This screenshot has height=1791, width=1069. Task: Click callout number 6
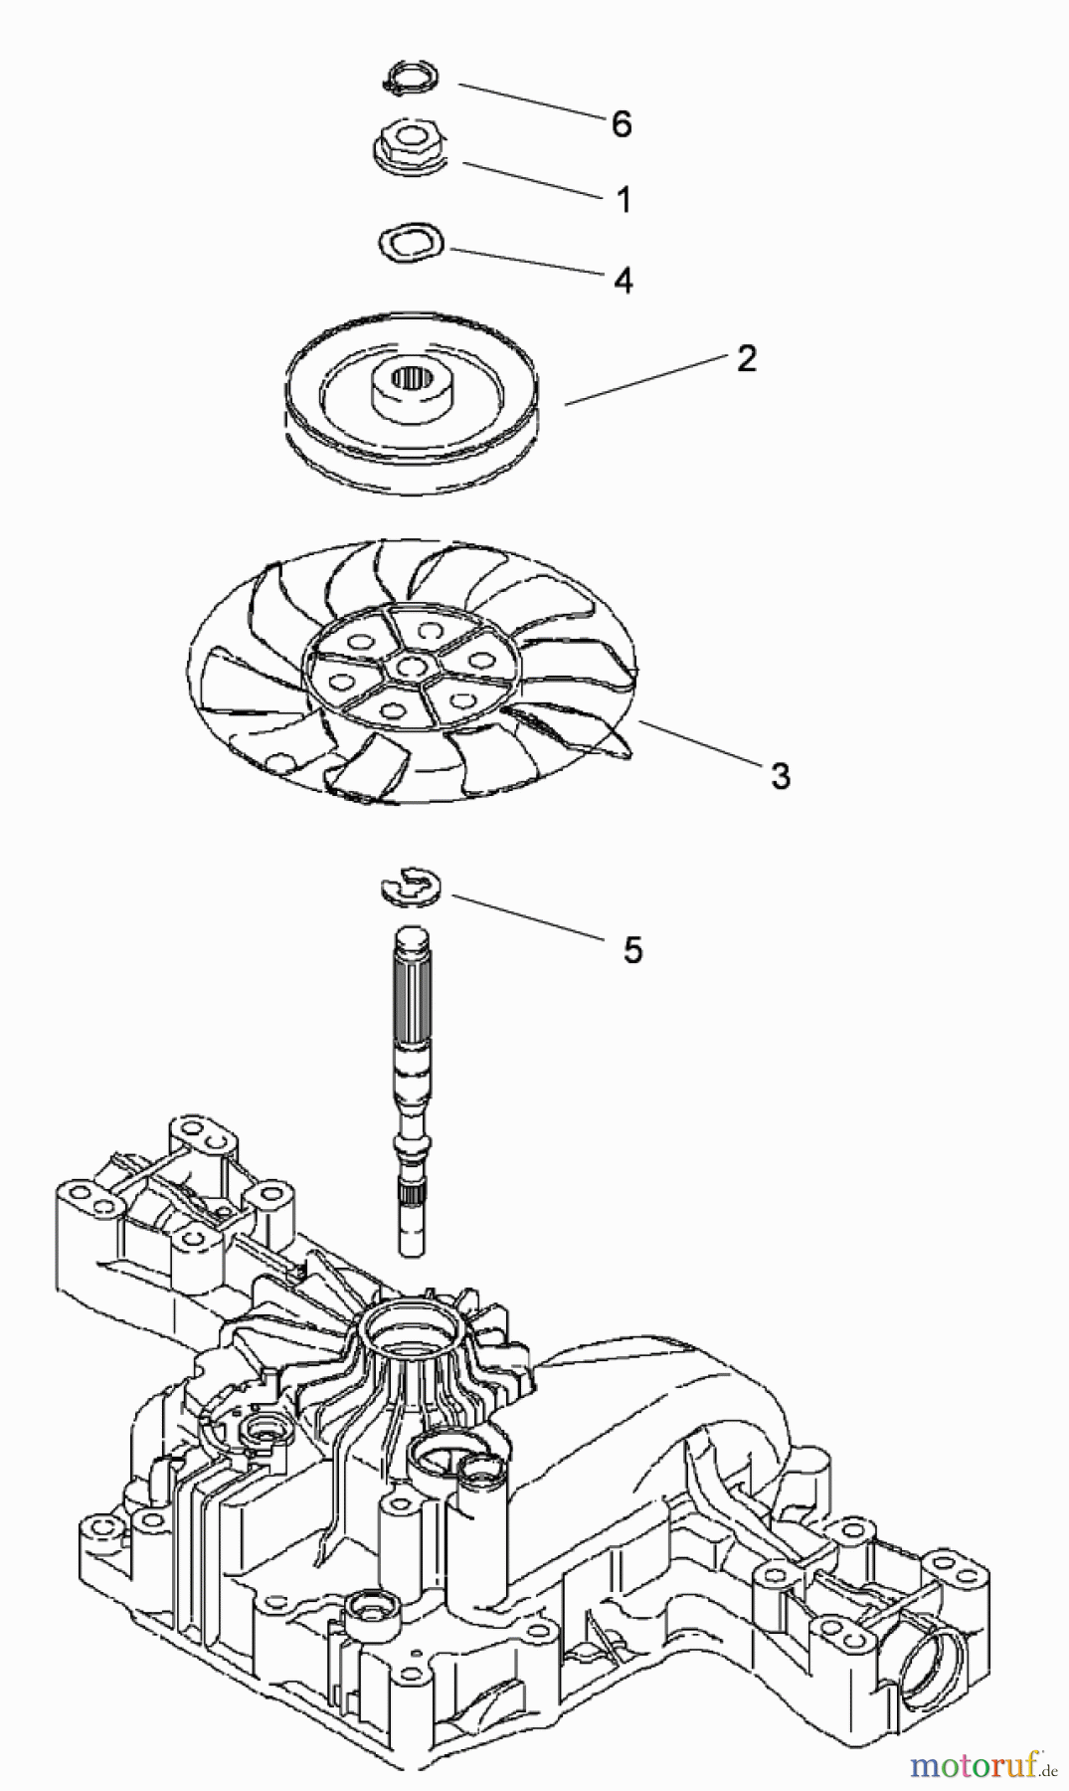click(622, 124)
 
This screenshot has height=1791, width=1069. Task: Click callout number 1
click(624, 200)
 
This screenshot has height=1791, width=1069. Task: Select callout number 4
click(624, 281)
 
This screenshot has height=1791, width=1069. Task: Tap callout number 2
click(746, 359)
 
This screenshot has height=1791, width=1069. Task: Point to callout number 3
click(781, 776)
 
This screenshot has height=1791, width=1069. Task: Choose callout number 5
click(632, 950)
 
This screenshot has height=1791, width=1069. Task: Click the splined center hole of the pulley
click(411, 378)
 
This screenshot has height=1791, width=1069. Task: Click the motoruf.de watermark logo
click(980, 1766)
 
